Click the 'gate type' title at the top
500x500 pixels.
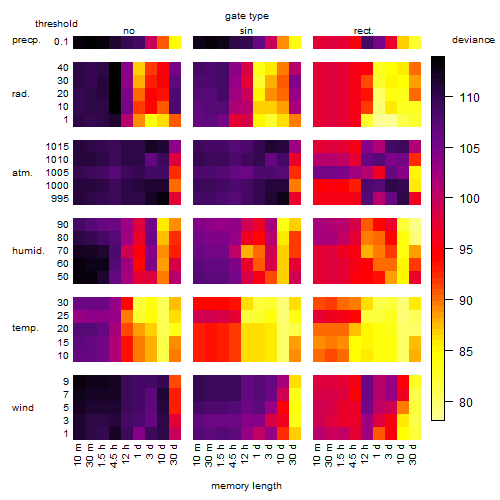(x=247, y=16)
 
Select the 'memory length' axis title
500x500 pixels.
(x=246, y=486)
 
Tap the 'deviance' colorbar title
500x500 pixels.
(x=473, y=40)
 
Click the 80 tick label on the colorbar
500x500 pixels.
(x=466, y=402)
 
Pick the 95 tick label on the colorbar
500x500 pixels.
(x=466, y=250)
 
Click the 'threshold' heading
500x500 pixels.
(x=56, y=24)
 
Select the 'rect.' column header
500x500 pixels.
(x=363, y=31)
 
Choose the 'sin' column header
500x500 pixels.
(x=246, y=31)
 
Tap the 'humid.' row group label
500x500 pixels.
(x=28, y=251)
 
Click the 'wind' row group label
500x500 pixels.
(x=23, y=408)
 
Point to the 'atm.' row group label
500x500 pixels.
(x=22, y=173)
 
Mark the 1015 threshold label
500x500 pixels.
(x=57, y=147)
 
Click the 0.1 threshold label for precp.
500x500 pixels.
(x=61, y=42)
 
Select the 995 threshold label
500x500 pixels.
(x=60, y=199)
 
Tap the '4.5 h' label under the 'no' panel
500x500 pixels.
(x=114, y=456)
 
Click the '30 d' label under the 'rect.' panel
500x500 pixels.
(x=413, y=454)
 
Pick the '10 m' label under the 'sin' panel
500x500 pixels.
(x=197, y=455)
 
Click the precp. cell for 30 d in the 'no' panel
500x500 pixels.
(x=175, y=42)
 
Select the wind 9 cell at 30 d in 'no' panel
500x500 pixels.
(x=175, y=381)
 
